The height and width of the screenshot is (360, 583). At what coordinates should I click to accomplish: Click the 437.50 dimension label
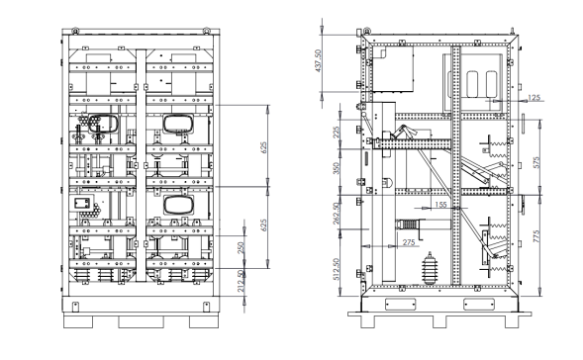point(318,60)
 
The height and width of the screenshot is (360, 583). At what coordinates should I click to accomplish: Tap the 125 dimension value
point(534,98)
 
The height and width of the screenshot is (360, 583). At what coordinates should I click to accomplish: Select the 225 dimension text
point(337,133)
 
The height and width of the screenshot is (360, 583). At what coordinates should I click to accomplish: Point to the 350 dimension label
point(337,168)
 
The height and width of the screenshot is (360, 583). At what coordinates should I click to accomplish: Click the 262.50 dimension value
point(337,214)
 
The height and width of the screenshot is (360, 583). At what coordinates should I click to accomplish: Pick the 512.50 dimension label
point(337,269)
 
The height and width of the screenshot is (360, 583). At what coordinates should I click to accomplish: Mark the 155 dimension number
point(440,205)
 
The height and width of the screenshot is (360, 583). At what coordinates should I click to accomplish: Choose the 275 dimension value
point(409,242)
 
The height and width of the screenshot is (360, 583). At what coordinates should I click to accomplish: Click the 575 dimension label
point(536,162)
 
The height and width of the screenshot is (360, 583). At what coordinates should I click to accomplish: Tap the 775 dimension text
point(536,236)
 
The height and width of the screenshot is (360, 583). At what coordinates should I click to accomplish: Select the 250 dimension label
point(241,248)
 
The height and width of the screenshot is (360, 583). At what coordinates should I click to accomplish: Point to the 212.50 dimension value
point(241,281)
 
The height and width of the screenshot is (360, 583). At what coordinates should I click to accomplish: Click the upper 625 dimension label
point(263,147)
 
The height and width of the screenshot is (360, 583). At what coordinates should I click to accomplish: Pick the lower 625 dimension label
point(263,225)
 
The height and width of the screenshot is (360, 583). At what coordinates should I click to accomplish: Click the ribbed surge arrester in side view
point(430,269)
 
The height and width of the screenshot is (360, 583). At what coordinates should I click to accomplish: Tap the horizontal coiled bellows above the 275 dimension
point(410,225)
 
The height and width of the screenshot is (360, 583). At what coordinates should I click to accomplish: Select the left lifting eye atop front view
point(75,30)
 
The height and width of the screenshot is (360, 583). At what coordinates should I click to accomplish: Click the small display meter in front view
point(82,204)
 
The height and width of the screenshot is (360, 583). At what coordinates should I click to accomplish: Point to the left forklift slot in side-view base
point(400,305)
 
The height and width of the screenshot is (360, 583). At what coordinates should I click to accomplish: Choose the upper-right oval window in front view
point(178,124)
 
